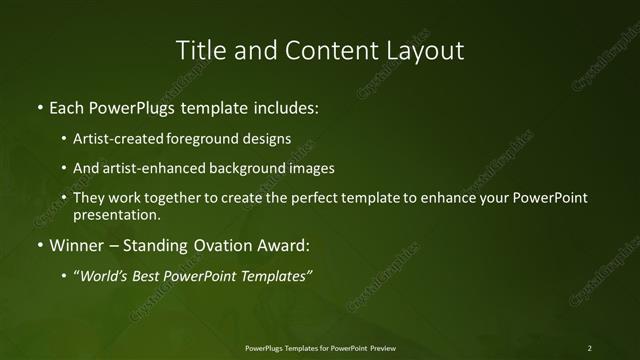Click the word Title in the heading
[199, 49]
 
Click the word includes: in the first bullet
[286, 105]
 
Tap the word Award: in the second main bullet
[287, 245]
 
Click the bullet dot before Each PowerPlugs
[39, 106]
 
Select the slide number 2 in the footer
[589, 348]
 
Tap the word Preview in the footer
[381, 348]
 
